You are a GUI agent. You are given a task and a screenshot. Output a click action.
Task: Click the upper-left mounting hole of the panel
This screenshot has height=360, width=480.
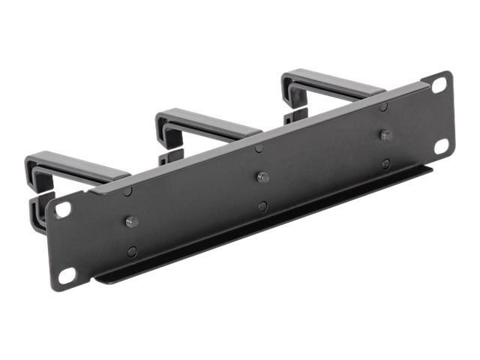pyautogui.click(x=63, y=209)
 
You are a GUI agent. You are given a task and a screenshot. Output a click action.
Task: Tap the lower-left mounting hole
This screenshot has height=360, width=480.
pyautogui.click(x=67, y=275)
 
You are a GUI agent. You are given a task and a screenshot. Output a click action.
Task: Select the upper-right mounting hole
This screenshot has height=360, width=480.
pyautogui.click(x=438, y=85)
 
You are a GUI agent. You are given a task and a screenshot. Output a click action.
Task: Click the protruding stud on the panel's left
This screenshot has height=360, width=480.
pyautogui.click(x=131, y=222)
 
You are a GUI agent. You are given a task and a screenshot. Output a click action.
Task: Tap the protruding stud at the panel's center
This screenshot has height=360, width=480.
pyautogui.click(x=262, y=178)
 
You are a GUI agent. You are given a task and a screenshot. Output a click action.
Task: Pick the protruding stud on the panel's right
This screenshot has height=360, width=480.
pyautogui.click(x=385, y=136)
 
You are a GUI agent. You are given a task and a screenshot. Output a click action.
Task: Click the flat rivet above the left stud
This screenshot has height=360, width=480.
pyautogui.click(x=127, y=192)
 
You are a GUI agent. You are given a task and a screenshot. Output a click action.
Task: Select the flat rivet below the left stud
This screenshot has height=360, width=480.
pyautogui.click(x=133, y=252)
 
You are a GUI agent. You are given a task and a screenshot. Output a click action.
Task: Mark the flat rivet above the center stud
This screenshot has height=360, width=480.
pyautogui.click(x=259, y=148)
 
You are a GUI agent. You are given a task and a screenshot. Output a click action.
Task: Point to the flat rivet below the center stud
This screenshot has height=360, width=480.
pyautogui.click(x=263, y=206)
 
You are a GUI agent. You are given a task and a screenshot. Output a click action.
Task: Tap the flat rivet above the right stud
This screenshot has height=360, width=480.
pyautogui.click(x=383, y=106)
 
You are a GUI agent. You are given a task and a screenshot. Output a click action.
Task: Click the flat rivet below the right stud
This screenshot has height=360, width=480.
pyautogui.click(x=385, y=163)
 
